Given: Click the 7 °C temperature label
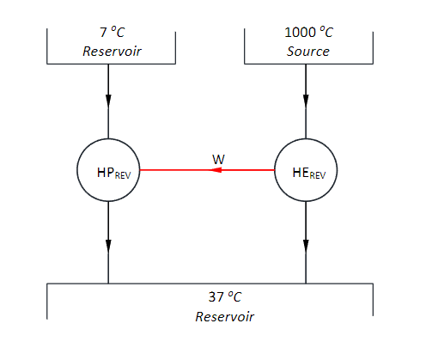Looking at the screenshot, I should pyautogui.click(x=111, y=34).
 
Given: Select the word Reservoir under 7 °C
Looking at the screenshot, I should pyautogui.click(x=111, y=51).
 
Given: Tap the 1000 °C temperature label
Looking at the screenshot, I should pyautogui.click(x=307, y=34).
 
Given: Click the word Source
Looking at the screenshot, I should pyautogui.click(x=307, y=51).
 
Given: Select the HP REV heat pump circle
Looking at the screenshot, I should pyautogui.click(x=108, y=170).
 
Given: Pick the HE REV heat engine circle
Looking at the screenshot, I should pyautogui.click(x=306, y=170).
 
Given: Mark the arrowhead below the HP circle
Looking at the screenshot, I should pyautogui.click(x=108, y=244).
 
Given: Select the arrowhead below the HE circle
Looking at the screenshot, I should pyautogui.click(x=306, y=244).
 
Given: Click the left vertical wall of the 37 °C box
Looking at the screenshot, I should pyautogui.click(x=46, y=301).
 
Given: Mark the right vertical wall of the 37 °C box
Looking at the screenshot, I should pyautogui.click(x=373, y=301).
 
